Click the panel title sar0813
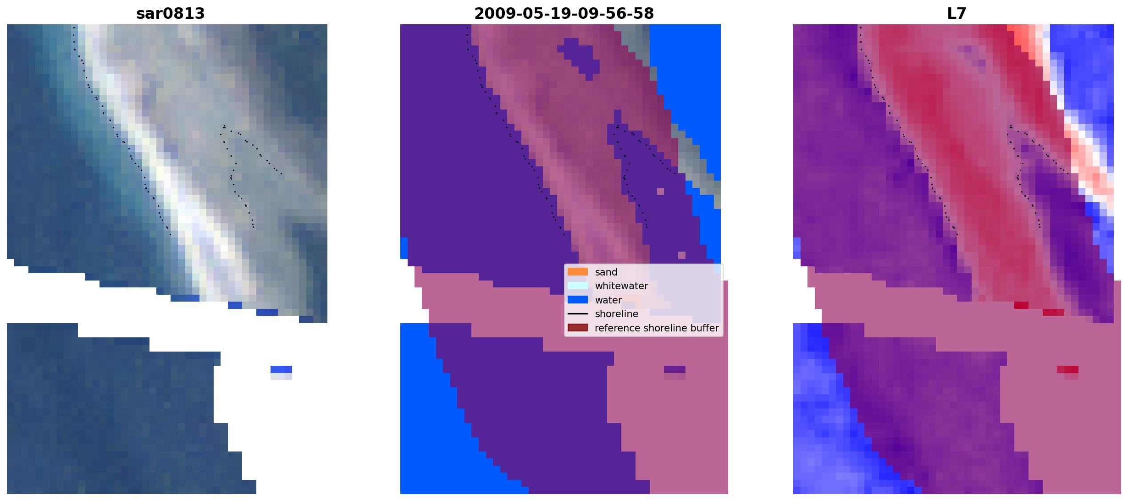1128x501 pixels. click(x=170, y=14)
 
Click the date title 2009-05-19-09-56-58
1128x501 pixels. click(x=564, y=14)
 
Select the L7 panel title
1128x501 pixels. click(x=957, y=14)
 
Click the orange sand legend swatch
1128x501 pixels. click(x=578, y=272)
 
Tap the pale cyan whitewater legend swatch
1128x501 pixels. click(x=578, y=286)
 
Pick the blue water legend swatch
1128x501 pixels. click(x=578, y=300)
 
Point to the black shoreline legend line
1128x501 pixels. click(x=578, y=314)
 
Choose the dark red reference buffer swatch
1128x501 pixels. click(x=578, y=328)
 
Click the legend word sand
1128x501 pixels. click(x=606, y=272)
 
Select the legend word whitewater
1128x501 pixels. click(x=621, y=286)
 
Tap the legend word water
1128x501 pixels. click(x=608, y=300)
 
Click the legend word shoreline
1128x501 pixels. click(x=617, y=314)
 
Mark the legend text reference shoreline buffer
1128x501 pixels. click(x=657, y=328)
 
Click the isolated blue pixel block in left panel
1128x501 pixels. click(x=281, y=369)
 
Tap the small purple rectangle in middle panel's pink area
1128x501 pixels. click(x=675, y=369)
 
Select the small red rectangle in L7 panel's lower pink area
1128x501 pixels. click(x=1067, y=369)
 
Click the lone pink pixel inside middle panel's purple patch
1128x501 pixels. click(x=660, y=191)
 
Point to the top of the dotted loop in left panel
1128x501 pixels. click(x=224, y=126)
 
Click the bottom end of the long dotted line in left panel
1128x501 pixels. click(x=171, y=235)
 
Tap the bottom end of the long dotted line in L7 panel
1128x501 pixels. click(x=957, y=235)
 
